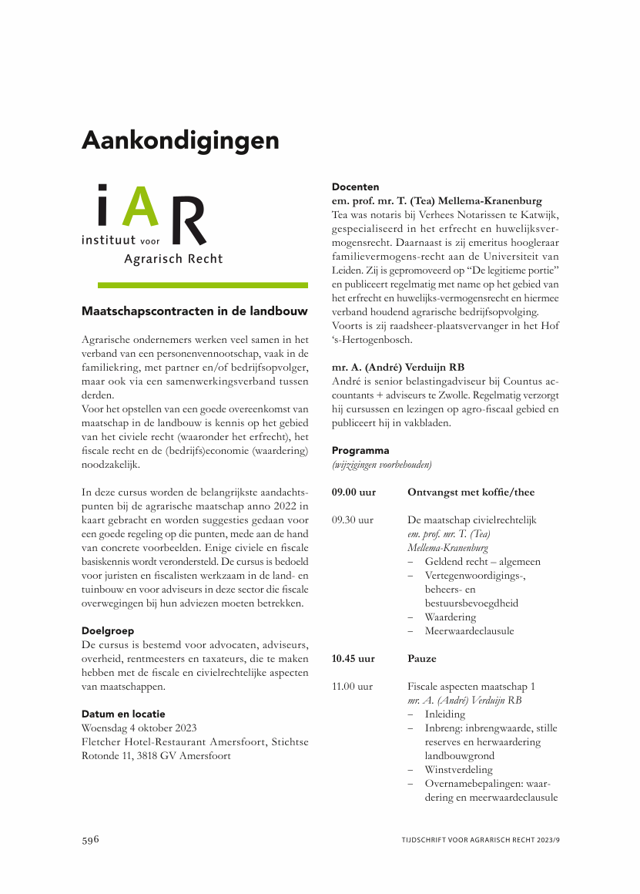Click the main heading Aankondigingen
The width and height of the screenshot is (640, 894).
point(180,141)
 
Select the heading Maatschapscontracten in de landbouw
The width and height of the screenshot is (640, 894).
point(195,311)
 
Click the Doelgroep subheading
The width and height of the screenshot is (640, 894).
point(108,630)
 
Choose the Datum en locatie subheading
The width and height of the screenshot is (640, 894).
point(123,714)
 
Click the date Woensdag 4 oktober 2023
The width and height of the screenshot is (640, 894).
point(139,728)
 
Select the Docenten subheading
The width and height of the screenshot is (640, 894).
point(355,187)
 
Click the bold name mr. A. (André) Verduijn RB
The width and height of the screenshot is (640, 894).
point(398,367)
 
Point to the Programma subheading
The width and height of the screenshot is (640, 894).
point(360,450)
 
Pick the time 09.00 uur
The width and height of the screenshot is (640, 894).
point(354,492)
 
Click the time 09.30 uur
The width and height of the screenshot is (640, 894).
point(354,520)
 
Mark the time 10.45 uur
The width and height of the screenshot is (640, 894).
point(354,659)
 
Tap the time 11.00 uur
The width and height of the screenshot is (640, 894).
point(353,686)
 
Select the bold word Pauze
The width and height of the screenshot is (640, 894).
point(421,659)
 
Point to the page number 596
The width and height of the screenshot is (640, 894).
point(91,839)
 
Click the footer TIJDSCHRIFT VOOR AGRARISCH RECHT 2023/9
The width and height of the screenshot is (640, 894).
point(480,840)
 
